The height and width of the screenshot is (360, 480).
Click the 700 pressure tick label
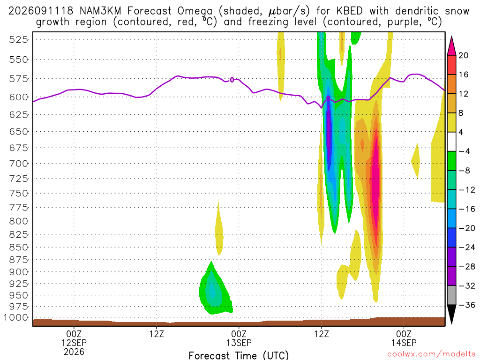19,164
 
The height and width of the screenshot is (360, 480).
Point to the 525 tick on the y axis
19,39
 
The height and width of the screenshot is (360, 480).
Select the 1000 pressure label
16,317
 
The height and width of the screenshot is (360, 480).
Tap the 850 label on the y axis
19,247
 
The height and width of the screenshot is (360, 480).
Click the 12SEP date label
74,343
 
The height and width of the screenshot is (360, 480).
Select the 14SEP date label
404,343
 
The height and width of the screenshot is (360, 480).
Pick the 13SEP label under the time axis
239,343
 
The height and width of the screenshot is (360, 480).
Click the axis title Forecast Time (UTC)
239,355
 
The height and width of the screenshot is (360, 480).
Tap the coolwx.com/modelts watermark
431,354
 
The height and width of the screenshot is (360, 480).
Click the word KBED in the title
349,11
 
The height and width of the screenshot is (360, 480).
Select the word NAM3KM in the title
100,11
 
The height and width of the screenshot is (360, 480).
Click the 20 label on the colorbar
464,55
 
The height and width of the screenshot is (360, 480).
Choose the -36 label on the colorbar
466,305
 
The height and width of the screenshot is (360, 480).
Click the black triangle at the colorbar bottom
451,314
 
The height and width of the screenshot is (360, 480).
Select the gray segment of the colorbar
451,295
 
